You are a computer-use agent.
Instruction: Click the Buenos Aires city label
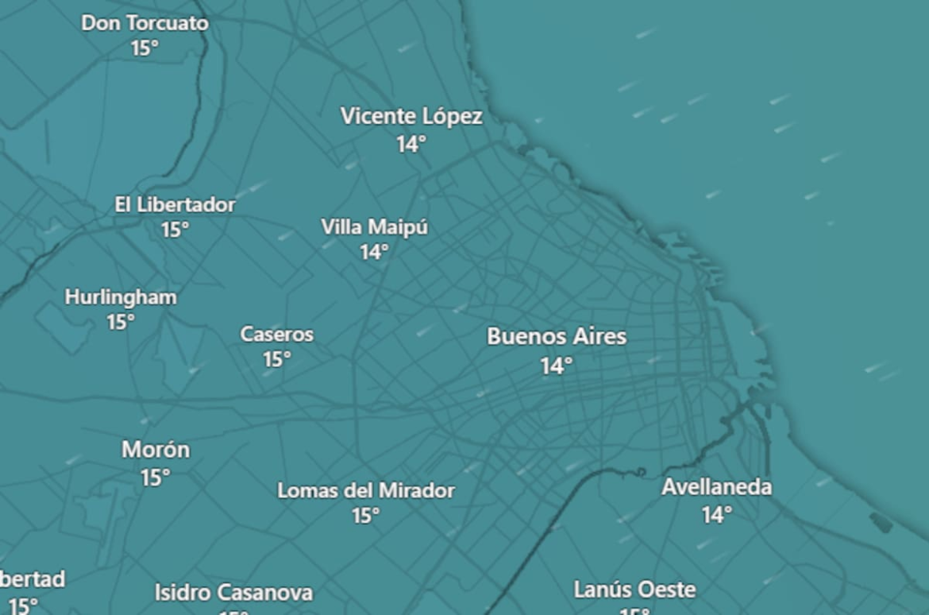coord(557,336)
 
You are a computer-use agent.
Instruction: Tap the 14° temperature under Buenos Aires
coord(556,366)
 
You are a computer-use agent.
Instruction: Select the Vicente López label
coord(411,117)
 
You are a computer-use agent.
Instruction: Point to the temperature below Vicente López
coord(411,144)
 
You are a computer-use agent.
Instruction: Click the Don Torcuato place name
coord(145,23)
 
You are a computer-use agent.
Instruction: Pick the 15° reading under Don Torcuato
coord(144,48)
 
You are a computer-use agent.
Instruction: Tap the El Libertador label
coord(175,205)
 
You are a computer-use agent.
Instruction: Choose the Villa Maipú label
coord(374,227)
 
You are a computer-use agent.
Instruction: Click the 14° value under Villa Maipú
coord(374,252)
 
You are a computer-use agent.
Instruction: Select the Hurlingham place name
coord(121,297)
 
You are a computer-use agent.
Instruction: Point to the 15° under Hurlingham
coord(120,322)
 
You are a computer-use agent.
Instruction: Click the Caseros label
coord(277,335)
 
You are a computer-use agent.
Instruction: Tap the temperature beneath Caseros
coord(276,360)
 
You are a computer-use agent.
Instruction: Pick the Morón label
coord(156,450)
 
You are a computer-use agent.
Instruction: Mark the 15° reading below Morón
coord(155,478)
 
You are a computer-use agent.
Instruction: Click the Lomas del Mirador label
coord(366,491)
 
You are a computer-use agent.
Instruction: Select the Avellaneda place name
coord(716,487)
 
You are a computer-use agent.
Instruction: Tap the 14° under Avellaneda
coord(715,515)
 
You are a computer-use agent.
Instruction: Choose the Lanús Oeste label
coord(634,590)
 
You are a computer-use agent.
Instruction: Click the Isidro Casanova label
coord(233,593)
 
